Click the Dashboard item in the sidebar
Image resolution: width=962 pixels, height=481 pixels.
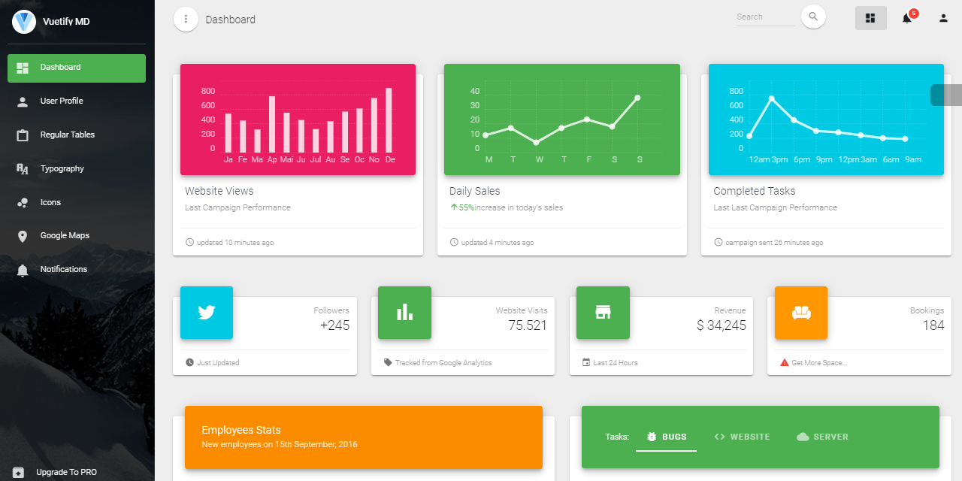[76, 68]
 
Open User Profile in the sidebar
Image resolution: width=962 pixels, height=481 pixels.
[62, 101]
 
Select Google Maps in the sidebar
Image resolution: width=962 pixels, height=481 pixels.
[65, 236]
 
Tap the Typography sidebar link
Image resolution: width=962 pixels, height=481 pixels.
[62, 169]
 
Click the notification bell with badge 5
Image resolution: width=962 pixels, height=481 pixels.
[907, 18]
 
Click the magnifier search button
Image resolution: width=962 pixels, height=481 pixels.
[813, 17]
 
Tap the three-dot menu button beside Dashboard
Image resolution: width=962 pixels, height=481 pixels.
[186, 20]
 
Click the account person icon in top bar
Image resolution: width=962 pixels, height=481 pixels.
[943, 18]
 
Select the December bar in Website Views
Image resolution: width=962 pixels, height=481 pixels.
[389, 120]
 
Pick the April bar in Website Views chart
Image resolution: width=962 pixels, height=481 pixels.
[272, 124]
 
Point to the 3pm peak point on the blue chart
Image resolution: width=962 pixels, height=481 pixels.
[772, 98]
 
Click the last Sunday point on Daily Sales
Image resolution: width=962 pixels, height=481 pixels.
[637, 98]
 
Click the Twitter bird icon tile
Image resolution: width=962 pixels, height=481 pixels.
[207, 313]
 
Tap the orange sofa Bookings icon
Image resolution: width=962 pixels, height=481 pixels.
[801, 313]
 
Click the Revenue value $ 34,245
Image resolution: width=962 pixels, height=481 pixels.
[721, 325]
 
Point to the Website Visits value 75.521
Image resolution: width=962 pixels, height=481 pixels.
[528, 325]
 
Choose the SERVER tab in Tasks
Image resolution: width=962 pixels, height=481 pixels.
[822, 437]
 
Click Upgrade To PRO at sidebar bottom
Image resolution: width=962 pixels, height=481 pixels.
[66, 473]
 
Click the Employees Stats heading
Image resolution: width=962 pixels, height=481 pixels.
[241, 431]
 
